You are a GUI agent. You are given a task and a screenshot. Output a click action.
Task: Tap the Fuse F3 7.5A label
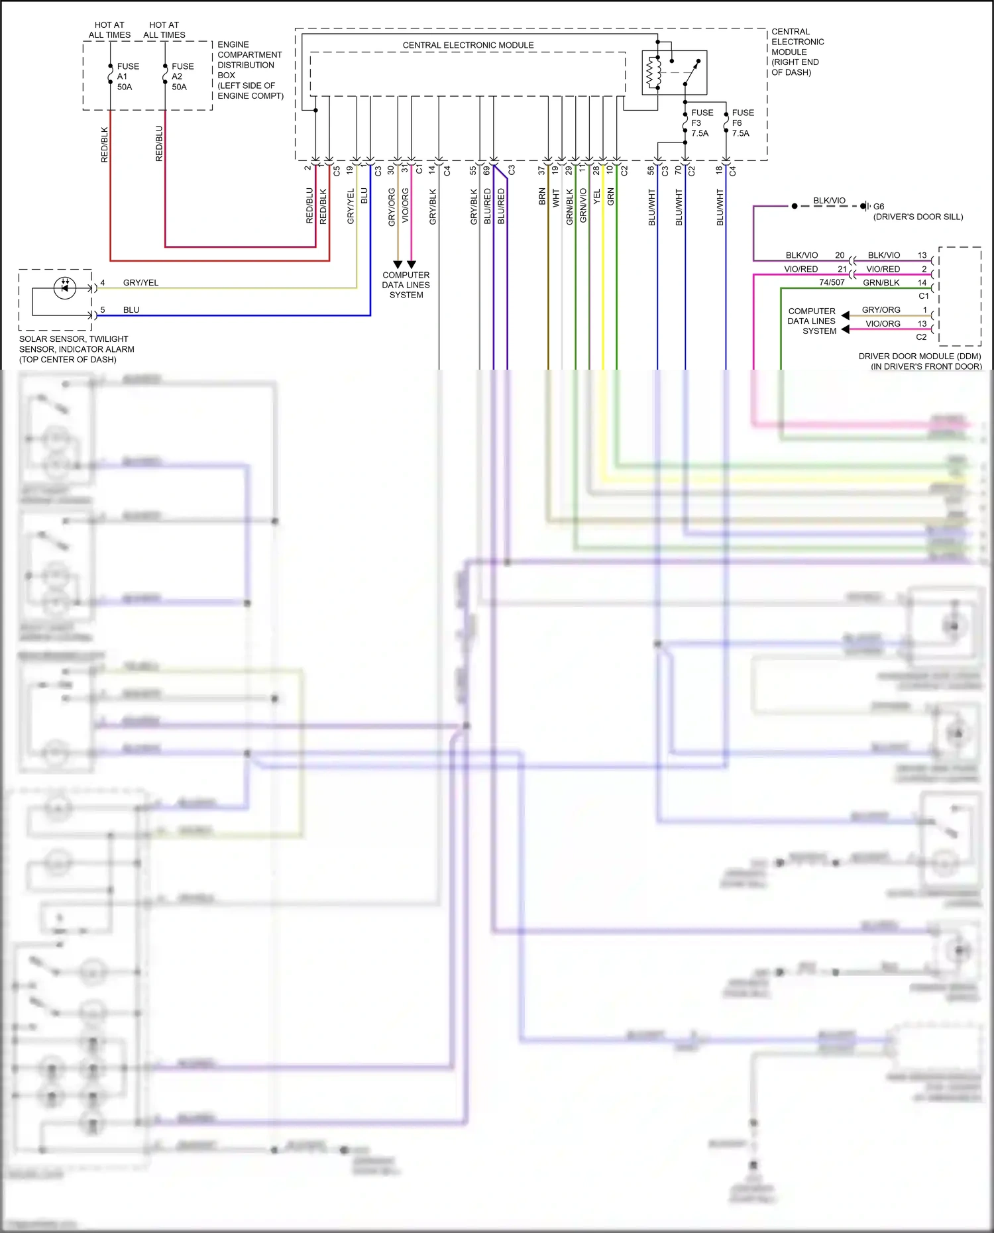tap(702, 123)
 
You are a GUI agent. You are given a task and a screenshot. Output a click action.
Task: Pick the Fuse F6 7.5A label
tap(742, 123)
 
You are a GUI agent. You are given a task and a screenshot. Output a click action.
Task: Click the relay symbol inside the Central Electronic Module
tap(674, 72)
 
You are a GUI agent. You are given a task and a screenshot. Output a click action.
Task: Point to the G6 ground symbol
tap(864, 206)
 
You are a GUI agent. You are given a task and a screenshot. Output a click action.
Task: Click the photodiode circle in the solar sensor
tap(64, 288)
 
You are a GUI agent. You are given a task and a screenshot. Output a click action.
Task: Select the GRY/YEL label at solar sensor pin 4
tap(140, 283)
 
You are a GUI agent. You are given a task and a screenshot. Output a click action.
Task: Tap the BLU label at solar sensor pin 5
tap(131, 310)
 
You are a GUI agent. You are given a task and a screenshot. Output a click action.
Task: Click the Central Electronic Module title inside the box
tap(468, 45)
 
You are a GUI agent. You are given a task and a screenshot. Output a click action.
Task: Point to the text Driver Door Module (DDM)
tap(919, 356)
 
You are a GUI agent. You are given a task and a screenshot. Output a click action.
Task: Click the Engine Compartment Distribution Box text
tap(250, 70)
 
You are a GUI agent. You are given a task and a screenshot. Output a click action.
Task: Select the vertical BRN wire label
tap(542, 197)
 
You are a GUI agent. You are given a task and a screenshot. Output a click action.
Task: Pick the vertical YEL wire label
tap(596, 197)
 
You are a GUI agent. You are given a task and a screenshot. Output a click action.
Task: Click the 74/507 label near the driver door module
tap(832, 282)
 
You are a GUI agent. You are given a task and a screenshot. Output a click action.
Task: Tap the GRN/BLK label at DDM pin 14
tap(881, 283)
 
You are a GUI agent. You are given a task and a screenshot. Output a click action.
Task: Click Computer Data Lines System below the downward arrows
tap(406, 285)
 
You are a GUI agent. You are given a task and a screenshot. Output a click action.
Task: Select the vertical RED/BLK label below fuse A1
tap(104, 144)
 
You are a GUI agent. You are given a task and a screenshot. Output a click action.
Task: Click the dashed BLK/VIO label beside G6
tap(829, 201)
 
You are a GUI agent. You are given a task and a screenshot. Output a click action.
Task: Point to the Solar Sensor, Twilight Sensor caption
tap(76, 349)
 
